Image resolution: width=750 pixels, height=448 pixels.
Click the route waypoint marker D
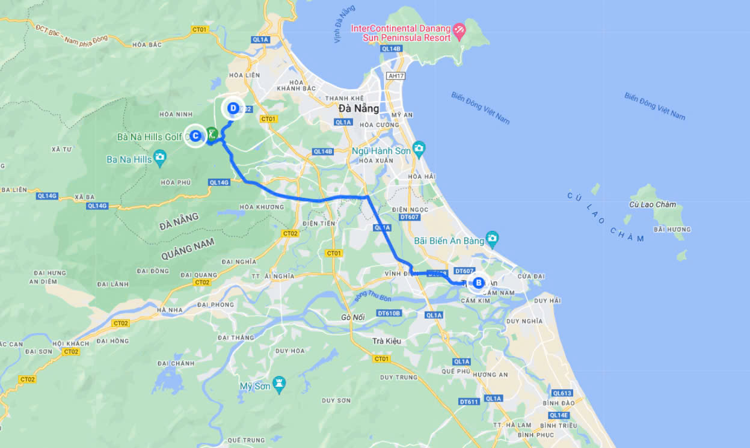click(x=233, y=109)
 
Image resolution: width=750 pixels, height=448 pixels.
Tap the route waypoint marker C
click(x=195, y=136)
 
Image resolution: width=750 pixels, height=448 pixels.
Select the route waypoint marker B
click(x=479, y=283)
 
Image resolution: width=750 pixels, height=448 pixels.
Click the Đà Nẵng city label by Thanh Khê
click(x=359, y=109)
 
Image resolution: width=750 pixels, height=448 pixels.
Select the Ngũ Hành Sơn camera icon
click(x=419, y=148)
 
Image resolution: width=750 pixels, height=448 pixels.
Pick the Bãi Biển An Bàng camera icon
click(x=493, y=238)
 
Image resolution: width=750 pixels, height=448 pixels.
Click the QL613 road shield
click(x=562, y=393)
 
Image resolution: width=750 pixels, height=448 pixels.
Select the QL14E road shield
click(x=559, y=415)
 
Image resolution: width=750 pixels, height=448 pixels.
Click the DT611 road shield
click(x=469, y=402)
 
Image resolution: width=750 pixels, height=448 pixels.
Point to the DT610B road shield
click(x=389, y=313)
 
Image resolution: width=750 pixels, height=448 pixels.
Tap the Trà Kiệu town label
click(x=386, y=341)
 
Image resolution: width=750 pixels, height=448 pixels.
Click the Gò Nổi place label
click(x=354, y=316)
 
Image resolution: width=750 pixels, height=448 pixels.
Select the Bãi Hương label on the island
click(x=672, y=229)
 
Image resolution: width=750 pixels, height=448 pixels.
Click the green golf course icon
click(x=211, y=133)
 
